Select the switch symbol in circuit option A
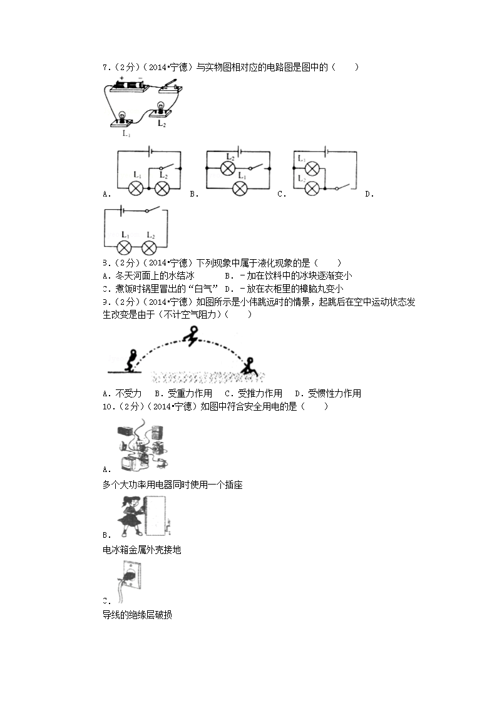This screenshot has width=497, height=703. pyautogui.click(x=167, y=168)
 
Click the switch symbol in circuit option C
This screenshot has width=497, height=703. pyautogui.click(x=339, y=188)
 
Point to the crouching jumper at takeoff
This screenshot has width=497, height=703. pyautogui.click(x=132, y=359)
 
